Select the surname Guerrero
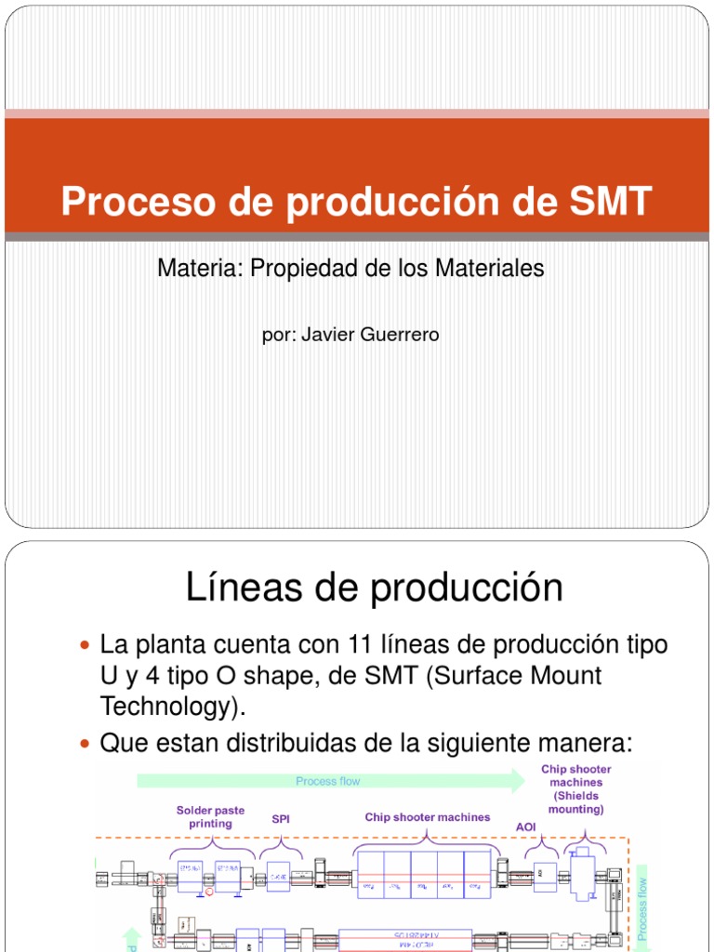click(398, 335)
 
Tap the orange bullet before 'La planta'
click(86, 645)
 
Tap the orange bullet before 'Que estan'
click(86, 744)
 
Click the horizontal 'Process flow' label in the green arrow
click(327, 781)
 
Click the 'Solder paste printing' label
click(210, 816)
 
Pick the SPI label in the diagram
click(281, 819)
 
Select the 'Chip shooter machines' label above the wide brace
click(427, 817)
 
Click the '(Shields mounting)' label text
click(575, 802)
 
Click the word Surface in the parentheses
click(483, 676)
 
